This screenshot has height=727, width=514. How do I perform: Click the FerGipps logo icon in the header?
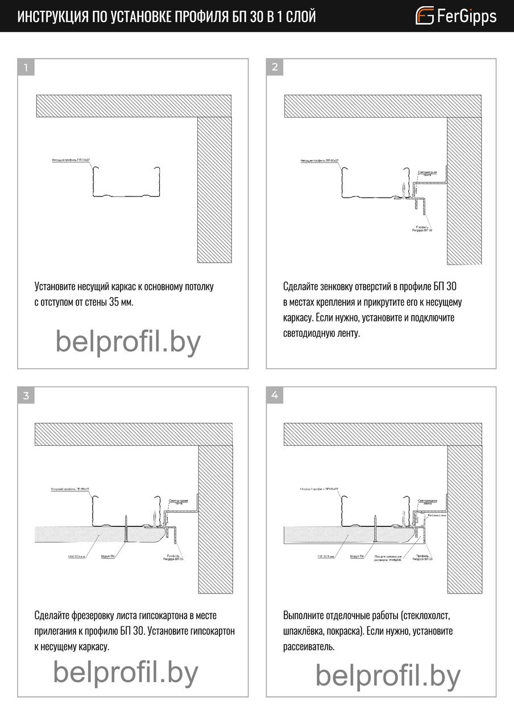click(x=425, y=15)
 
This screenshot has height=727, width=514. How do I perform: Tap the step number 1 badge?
click(x=26, y=68)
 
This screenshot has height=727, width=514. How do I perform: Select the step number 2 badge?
click(x=275, y=68)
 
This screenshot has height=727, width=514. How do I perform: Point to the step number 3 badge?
click(x=26, y=396)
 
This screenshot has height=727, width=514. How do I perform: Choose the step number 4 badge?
click(x=275, y=396)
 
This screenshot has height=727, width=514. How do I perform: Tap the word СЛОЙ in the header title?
click(x=300, y=16)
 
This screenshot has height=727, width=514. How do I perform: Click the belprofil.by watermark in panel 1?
click(x=128, y=342)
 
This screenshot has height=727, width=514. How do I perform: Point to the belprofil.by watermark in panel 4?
click(x=388, y=676)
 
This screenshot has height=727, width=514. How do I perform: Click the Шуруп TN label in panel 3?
click(x=108, y=557)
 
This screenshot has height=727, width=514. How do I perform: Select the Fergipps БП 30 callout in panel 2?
click(x=423, y=229)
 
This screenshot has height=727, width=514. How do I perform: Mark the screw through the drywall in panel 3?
click(x=125, y=528)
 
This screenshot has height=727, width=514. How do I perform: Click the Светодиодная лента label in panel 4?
click(x=427, y=502)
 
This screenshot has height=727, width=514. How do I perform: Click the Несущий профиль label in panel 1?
click(x=71, y=161)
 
